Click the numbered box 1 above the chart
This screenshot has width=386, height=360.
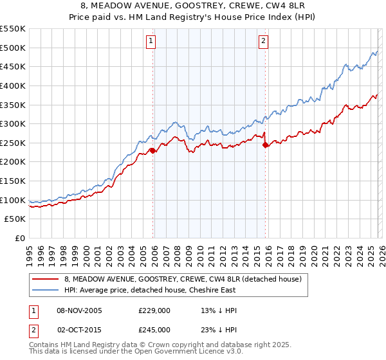(x=151, y=42)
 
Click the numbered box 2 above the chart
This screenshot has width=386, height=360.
(x=264, y=42)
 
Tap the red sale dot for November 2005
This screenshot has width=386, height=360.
(x=152, y=150)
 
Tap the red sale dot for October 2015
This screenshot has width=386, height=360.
(x=265, y=145)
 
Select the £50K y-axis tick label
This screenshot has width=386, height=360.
(x=15, y=219)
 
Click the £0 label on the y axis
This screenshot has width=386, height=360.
(x=21, y=239)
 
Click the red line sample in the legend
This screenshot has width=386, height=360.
(x=45, y=279)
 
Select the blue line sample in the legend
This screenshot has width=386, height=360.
(x=45, y=290)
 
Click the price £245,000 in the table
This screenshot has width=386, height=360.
(x=154, y=329)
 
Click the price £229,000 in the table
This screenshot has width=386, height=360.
(x=154, y=310)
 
